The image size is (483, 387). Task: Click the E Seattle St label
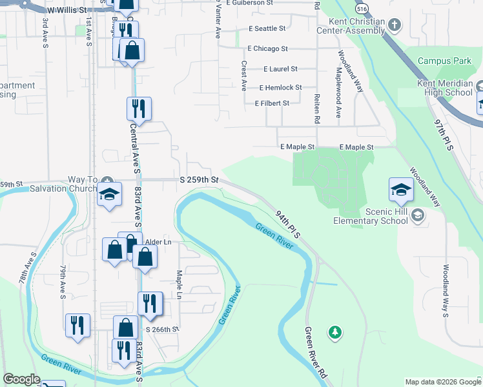(x=267, y=29)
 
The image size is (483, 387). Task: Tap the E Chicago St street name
(x=267, y=49)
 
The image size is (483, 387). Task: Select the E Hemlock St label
(x=280, y=88)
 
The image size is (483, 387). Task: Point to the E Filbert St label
(x=272, y=103)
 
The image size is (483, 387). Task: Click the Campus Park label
(x=444, y=61)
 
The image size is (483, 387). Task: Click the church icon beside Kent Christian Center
(x=395, y=26)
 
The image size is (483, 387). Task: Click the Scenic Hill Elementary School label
(x=371, y=216)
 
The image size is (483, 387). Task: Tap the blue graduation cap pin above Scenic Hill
(x=400, y=190)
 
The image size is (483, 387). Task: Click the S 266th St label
(x=161, y=329)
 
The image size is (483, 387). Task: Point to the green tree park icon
(x=334, y=332)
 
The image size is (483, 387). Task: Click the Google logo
(x=21, y=379)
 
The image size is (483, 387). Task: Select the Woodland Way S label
(x=446, y=290)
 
